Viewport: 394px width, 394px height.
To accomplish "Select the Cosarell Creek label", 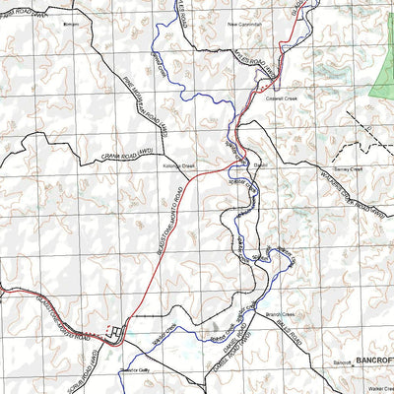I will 282,98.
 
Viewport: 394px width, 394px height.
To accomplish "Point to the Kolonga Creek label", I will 181,165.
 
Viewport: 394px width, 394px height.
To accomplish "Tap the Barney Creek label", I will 350,169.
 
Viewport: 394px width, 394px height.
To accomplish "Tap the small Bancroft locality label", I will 343,363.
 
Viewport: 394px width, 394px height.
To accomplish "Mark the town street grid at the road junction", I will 117,334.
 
